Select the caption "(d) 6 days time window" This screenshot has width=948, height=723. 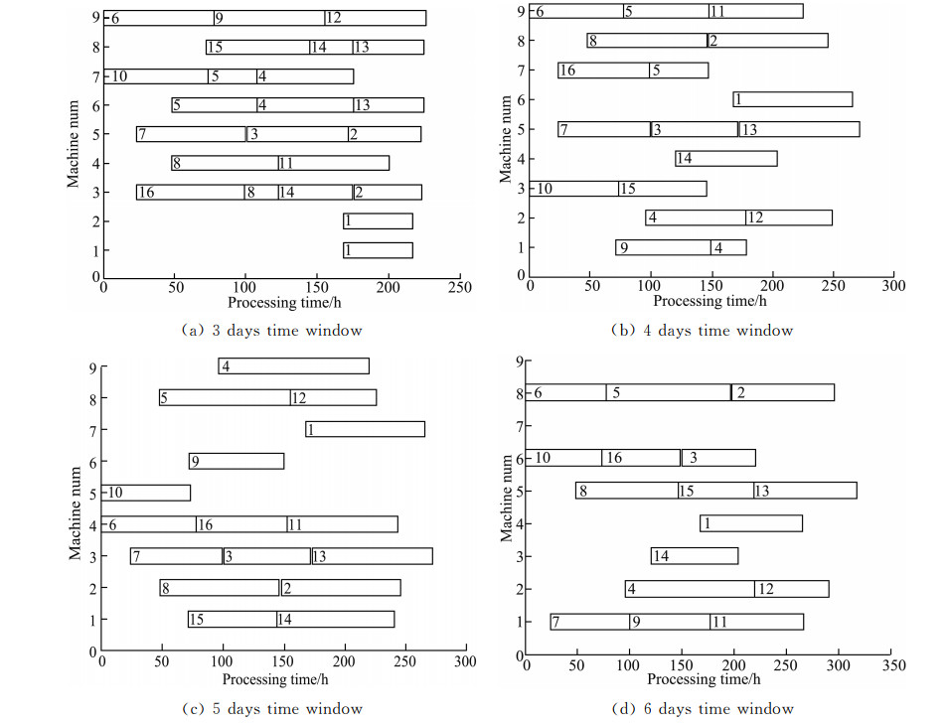click(703, 708)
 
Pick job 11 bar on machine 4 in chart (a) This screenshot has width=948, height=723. click(334, 163)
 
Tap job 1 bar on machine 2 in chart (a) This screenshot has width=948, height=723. click(379, 221)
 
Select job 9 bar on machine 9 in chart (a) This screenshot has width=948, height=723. click(268, 18)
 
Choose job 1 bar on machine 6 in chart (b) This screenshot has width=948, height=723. click(793, 99)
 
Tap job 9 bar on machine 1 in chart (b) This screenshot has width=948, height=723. click(663, 247)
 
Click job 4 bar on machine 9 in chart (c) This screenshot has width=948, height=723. click(293, 366)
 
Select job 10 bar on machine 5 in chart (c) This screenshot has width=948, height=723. click(146, 493)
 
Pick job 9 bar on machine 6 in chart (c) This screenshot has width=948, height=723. click(237, 461)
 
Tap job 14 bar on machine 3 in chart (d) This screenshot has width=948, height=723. click(695, 556)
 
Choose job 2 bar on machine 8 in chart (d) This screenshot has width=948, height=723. click(782, 392)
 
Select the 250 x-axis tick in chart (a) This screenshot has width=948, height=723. click(459, 287)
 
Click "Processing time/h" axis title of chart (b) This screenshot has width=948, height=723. click(711, 301)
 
